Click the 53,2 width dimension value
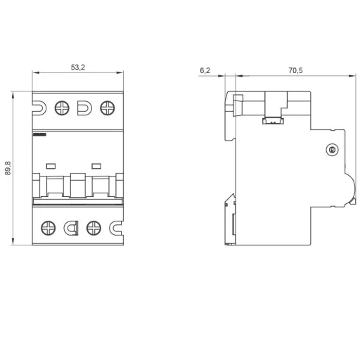(x=78, y=67)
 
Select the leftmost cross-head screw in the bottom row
(x=49, y=227)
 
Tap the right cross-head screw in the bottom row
(x=93, y=227)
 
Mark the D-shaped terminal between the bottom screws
(x=71, y=227)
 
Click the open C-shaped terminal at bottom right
(x=116, y=227)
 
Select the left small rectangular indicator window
(x=51, y=166)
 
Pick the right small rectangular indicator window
(x=96, y=166)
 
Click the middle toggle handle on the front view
(x=77, y=186)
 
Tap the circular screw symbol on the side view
(x=332, y=150)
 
